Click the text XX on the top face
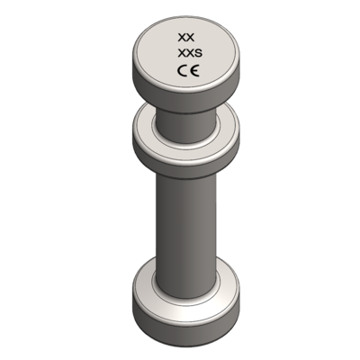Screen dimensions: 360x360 point(185,38)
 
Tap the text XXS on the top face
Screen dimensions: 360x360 point(188,56)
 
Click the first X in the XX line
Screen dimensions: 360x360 point(182,38)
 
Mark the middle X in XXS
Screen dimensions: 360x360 point(189,56)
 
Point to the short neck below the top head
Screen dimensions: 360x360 point(185,117)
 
